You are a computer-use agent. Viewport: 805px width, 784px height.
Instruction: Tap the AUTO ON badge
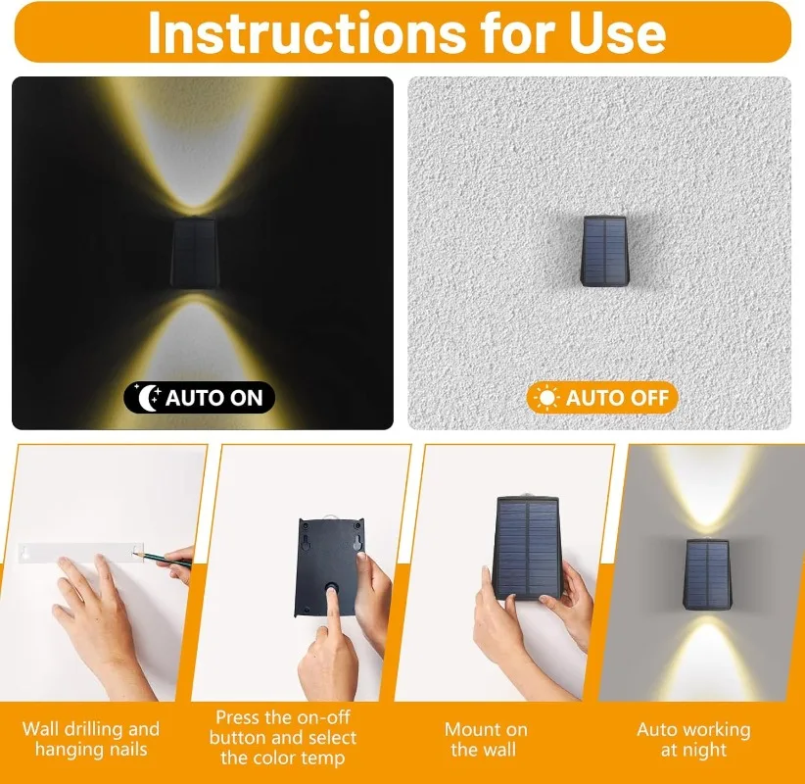[200, 398]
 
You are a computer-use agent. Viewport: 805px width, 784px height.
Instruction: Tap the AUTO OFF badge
[602, 398]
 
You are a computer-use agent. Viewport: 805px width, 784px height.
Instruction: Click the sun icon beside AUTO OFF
[545, 398]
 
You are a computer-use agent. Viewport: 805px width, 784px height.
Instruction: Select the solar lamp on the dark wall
[202, 254]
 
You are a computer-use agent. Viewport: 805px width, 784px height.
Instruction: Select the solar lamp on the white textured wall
[605, 251]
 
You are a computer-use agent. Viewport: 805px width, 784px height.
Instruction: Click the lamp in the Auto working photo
[707, 572]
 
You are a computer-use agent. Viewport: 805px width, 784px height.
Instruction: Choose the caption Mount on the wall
[486, 740]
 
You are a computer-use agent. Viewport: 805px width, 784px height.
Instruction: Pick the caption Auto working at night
[693, 740]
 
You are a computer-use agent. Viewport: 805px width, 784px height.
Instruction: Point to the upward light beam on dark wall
[202, 147]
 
